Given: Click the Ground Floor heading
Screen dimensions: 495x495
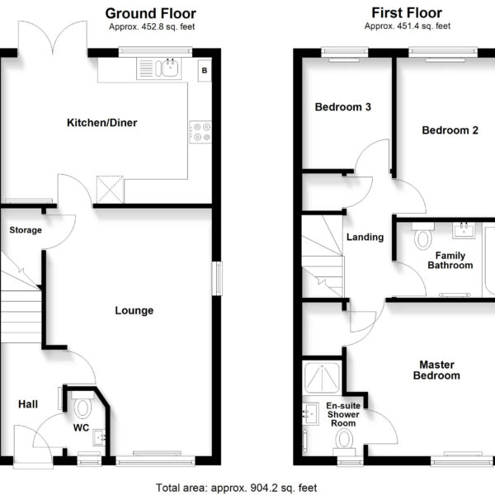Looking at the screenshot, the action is (151, 13).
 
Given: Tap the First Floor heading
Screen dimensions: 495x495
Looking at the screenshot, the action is (407, 13).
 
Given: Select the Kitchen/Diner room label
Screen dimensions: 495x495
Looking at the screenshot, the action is (102, 122).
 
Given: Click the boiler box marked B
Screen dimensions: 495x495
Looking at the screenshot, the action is (205, 70).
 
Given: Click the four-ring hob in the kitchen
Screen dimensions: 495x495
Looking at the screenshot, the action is (200, 132).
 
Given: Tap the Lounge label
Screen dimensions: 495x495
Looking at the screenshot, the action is (134, 310).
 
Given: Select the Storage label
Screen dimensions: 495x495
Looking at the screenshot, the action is (26, 230).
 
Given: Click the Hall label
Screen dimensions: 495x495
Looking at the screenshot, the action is (28, 404).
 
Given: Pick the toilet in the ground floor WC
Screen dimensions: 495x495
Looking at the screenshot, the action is (82, 404).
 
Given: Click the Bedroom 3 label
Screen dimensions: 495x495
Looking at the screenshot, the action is (343, 107).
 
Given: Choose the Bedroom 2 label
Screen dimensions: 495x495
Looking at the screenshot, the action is (450, 130).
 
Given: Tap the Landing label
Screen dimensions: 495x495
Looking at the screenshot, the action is (365, 237).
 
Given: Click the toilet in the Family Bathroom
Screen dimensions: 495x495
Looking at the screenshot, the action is (423, 236).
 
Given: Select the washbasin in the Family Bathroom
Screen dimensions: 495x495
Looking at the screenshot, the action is (464, 230).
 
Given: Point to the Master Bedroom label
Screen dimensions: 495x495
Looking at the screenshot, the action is (436, 370).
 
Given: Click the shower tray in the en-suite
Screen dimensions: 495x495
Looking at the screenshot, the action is (322, 377).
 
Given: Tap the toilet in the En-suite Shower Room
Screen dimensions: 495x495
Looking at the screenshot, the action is (344, 440).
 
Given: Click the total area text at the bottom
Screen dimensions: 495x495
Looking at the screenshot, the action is (237, 488).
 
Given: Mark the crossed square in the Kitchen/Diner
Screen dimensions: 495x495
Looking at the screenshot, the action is (110, 190).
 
